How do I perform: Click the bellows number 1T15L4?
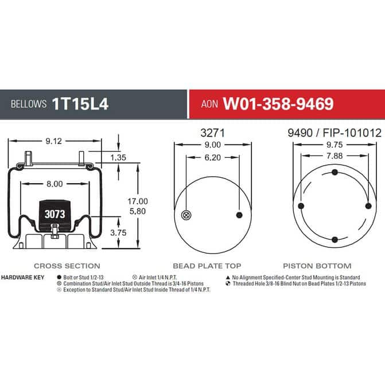pos(80,104)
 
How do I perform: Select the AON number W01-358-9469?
pos(278,104)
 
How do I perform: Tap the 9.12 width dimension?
pos(54,141)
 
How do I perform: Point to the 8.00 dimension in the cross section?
pos(55,184)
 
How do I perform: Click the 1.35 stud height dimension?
pos(118,157)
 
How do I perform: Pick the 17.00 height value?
pos(138,201)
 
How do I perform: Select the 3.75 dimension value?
pos(118,232)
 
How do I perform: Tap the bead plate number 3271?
pos(213,133)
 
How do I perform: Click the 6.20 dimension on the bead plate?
pos(213,157)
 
